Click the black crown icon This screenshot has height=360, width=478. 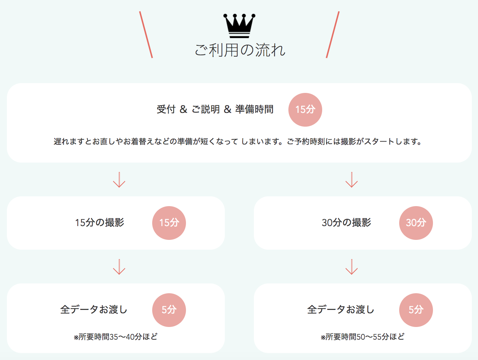(x=239, y=26)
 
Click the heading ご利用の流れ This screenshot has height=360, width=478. (x=240, y=50)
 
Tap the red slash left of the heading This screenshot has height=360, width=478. (x=146, y=35)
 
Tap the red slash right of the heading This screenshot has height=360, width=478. (x=333, y=35)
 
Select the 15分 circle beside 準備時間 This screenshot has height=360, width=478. (x=305, y=110)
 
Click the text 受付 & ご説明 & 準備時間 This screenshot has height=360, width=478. (x=215, y=109)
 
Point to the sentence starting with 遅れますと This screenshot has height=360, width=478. (x=238, y=142)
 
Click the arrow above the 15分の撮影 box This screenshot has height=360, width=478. (x=119, y=180)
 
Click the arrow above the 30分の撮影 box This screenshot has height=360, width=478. (x=352, y=180)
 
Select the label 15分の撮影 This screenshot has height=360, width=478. (x=100, y=222)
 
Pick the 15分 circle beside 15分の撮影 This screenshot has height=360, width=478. (x=169, y=223)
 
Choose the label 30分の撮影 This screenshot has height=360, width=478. (x=346, y=222)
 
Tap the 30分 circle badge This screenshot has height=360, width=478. (x=416, y=223)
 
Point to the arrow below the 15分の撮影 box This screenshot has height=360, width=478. (x=119, y=267)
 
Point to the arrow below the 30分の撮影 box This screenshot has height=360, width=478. (x=352, y=267)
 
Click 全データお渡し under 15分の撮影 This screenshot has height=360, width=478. (x=94, y=310)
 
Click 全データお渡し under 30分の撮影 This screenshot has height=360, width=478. (x=341, y=310)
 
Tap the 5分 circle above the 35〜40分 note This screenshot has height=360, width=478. (x=169, y=310)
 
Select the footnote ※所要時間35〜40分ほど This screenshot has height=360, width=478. (x=116, y=337)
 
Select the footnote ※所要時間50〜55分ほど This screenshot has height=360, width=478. (x=362, y=337)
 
